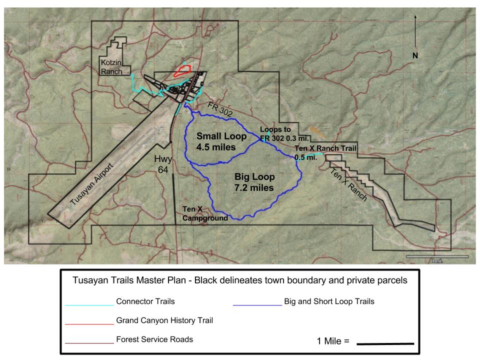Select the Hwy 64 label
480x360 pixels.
163,164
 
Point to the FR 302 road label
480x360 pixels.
220,110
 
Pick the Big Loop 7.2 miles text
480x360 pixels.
254,182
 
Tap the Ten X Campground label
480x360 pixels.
205,213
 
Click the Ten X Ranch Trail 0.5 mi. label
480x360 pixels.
324,153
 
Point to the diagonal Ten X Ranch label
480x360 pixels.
349,184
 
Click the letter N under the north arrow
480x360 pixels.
414,55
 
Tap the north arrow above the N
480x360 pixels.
414,30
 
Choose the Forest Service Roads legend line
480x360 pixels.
89,343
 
